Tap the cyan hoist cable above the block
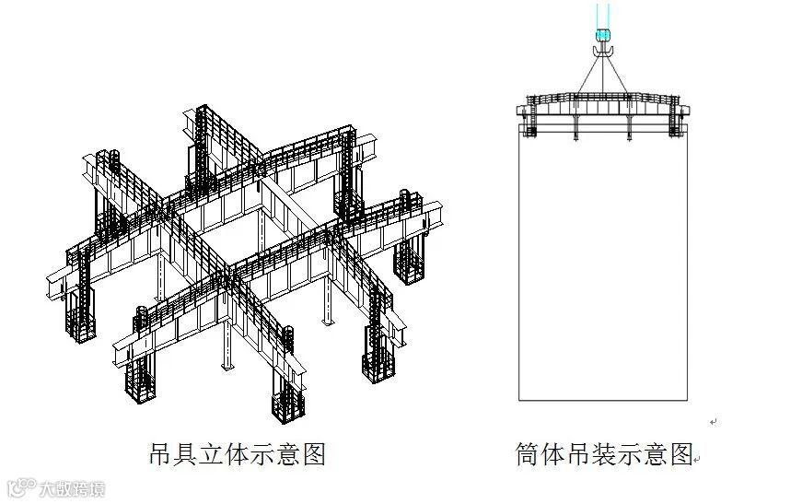603,14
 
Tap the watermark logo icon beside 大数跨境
19,486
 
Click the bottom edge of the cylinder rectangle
603,400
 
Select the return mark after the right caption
696,457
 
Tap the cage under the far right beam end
407,263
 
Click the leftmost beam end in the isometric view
50,286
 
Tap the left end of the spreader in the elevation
521,111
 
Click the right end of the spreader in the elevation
685,111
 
